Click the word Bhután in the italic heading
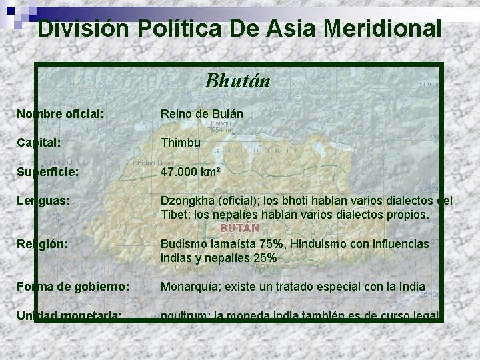[x=238, y=81]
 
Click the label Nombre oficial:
[x=60, y=114]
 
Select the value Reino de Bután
[x=201, y=114]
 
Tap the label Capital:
[x=39, y=143]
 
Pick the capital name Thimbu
[x=180, y=143]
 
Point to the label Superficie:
[x=47, y=171]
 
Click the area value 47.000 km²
[x=191, y=171]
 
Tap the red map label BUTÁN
[x=239, y=227]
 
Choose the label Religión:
[x=42, y=244]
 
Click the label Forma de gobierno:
[x=73, y=287]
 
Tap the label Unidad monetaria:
[x=69, y=315]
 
